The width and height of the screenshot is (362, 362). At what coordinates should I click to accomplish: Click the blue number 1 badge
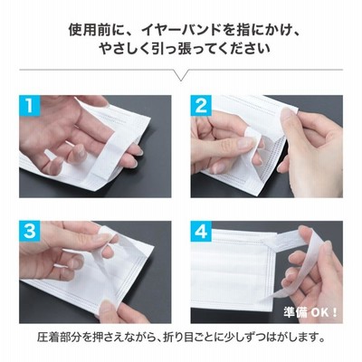click(29, 105)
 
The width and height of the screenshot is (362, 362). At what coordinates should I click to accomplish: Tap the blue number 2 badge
click(201, 105)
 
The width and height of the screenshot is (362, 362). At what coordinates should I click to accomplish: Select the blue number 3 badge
click(29, 232)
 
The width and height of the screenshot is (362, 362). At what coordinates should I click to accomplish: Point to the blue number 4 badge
click(201, 232)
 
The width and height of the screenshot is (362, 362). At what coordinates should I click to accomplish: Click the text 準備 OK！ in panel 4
click(310, 312)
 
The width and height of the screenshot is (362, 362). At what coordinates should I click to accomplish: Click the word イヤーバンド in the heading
click(177, 30)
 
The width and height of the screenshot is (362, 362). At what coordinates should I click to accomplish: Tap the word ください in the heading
click(245, 49)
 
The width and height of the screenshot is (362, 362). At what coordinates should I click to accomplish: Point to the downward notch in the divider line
click(181, 80)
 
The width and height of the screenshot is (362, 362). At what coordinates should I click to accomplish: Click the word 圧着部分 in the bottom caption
click(60, 337)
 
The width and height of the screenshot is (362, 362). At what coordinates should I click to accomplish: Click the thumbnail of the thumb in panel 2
click(244, 143)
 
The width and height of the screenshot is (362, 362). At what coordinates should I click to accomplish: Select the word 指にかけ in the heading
click(258, 30)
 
